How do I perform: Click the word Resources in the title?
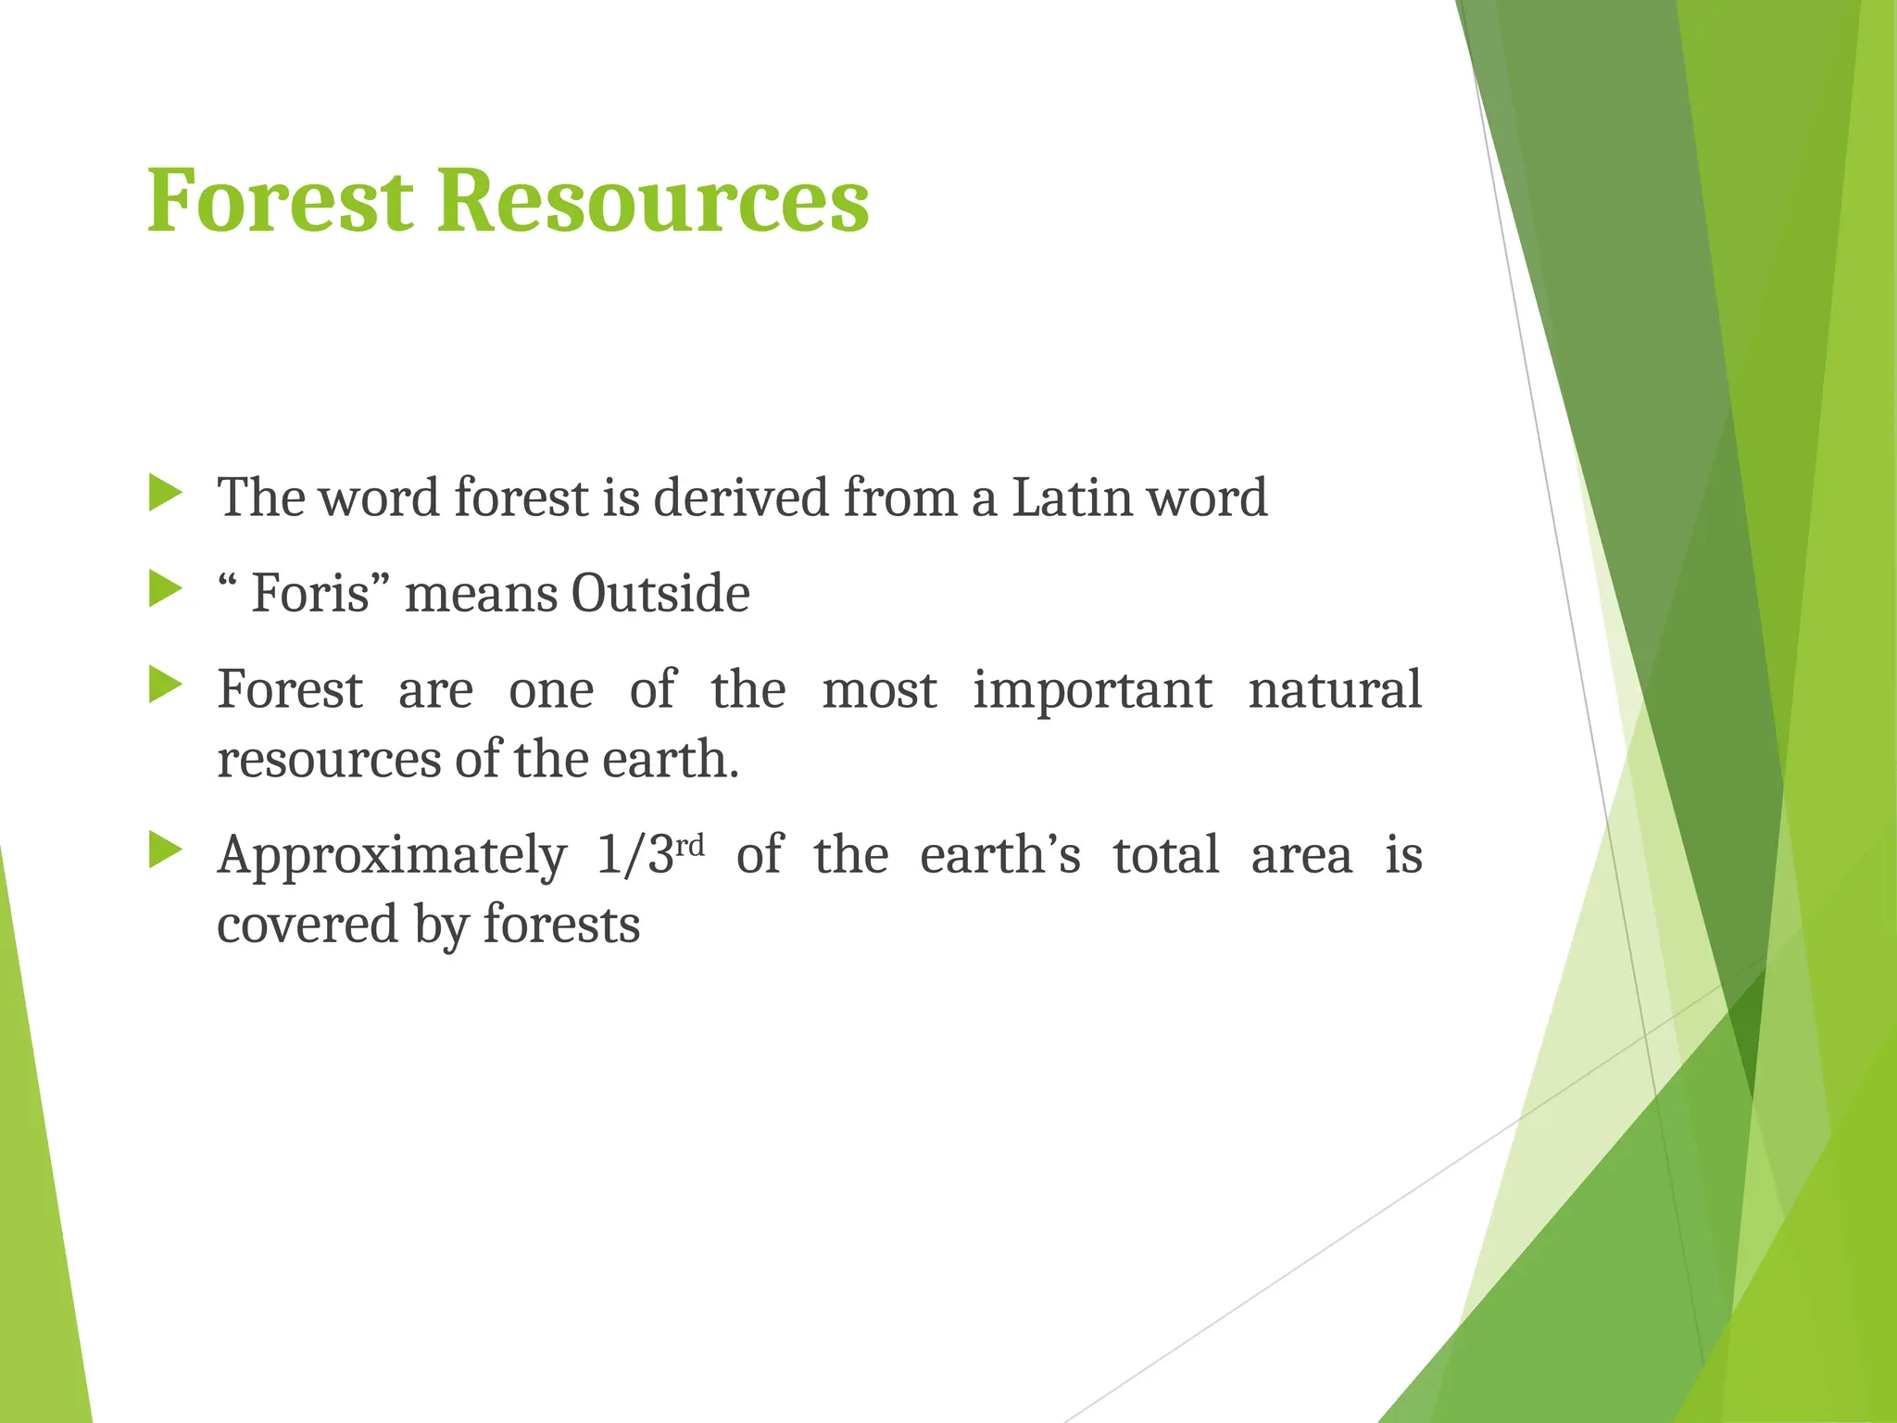652,201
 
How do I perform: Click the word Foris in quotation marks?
311,593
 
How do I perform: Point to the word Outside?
660,593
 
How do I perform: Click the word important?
1092,691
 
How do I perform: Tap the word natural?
1334,689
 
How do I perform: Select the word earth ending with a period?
671,760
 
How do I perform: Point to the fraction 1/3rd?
649,854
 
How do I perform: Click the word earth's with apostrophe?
999,854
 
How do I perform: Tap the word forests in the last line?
561,925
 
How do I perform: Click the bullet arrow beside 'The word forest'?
165,493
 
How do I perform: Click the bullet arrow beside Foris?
165,589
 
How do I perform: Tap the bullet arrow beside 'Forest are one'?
165,686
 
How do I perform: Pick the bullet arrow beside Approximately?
165,850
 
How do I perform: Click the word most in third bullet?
879,691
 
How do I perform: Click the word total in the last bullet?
1165,854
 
